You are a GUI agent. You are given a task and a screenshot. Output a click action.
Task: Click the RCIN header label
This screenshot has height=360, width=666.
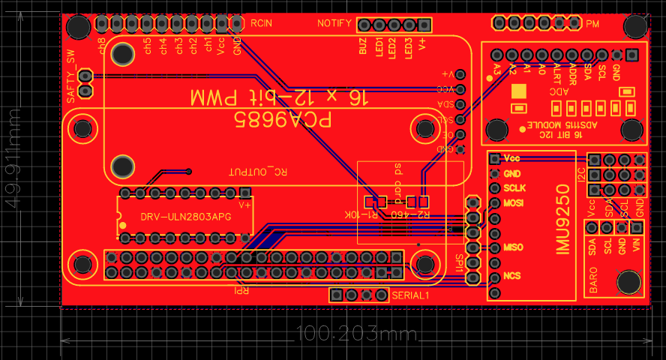pos(261,23)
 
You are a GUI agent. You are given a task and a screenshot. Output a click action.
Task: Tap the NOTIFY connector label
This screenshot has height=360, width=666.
pos(334,23)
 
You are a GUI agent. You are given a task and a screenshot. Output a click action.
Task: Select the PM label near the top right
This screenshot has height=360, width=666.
pos(592,23)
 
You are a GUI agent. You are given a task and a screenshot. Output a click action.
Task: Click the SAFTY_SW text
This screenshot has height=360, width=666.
pos(70,76)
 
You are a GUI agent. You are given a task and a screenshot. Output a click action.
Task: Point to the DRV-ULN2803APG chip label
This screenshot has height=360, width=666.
pos(186,217)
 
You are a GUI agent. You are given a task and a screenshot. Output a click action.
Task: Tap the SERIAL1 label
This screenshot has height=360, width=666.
pos(410,295)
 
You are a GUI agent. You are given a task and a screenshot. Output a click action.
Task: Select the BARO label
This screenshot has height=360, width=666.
pos(593,279)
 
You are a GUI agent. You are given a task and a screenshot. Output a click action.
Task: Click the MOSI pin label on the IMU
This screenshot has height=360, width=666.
pos(514,203)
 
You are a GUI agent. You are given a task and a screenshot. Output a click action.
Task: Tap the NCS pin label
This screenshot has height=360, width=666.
pos(512,276)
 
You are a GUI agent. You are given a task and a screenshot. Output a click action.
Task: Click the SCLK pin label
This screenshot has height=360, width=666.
pos(514,187)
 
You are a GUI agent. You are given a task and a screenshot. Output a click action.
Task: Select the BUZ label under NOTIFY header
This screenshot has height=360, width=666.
pos(363,47)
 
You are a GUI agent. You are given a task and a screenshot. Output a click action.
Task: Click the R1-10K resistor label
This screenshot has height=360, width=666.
pos(360,215)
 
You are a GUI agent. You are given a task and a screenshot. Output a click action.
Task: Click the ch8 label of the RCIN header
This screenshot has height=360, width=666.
pos(102,46)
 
